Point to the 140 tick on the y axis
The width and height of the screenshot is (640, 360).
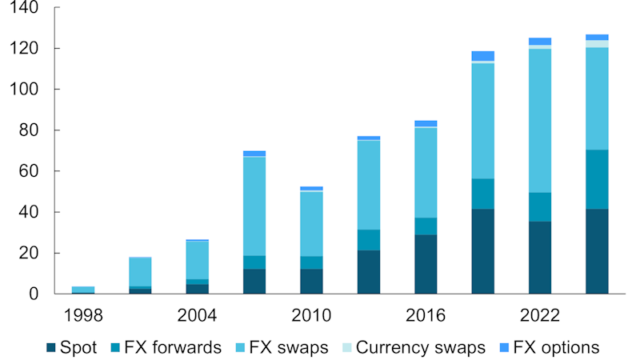pos(28,8)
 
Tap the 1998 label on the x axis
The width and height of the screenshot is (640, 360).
pos(84,314)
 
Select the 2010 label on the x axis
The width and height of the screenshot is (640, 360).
pos(311,314)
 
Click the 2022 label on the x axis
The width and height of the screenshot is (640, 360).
pos(540,314)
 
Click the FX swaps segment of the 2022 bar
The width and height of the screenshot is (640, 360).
pos(540,120)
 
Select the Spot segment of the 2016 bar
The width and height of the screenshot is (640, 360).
pos(426,264)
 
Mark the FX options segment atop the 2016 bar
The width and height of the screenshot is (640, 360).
pos(426,123)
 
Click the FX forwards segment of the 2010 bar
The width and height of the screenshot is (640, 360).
pos(311,262)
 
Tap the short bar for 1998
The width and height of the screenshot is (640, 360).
pos(83,290)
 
